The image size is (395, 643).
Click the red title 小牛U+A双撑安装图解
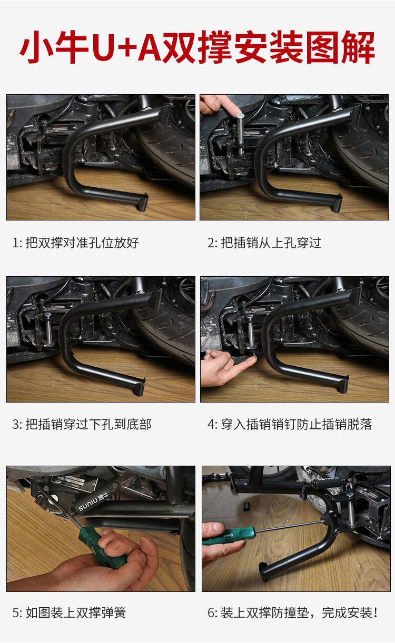click(x=197, y=47)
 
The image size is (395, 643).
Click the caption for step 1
click(x=75, y=243)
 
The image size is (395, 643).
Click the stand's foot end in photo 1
click(x=143, y=202)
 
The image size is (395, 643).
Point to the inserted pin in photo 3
click(x=48, y=329)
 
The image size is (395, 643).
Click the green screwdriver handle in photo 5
click(x=102, y=546)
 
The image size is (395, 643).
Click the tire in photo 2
click(x=362, y=149)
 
